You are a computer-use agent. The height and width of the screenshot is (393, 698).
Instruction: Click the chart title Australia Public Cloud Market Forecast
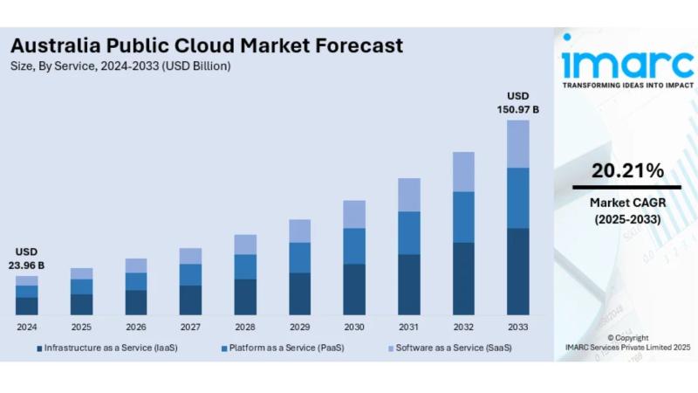[207, 45]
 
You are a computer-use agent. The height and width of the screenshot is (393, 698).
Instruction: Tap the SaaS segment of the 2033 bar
[518, 143]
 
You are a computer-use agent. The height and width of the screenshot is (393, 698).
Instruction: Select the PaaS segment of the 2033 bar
[518, 197]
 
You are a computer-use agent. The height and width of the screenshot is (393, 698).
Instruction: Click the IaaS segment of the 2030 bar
[354, 289]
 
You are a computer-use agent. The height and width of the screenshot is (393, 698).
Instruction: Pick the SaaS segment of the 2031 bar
[408, 195]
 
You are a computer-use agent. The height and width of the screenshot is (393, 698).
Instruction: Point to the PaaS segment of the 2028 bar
[245, 266]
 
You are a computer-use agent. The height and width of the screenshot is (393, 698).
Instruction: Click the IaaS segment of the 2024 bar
[27, 306]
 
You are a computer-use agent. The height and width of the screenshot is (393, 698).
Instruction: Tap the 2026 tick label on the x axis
[136, 327]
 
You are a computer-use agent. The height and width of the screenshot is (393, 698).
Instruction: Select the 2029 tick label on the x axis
[299, 327]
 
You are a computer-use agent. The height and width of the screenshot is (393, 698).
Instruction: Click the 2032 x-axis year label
[463, 327]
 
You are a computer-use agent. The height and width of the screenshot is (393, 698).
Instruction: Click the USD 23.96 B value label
[27, 259]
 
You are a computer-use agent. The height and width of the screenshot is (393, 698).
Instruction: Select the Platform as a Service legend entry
[282, 348]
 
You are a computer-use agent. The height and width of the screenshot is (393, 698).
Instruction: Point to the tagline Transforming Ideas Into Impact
[627, 86]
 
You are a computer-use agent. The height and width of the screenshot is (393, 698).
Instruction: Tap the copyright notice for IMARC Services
[627, 342]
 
